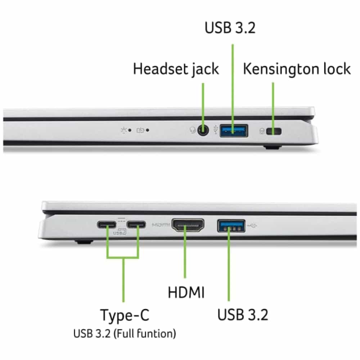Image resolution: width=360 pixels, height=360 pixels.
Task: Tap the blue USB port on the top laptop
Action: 234,131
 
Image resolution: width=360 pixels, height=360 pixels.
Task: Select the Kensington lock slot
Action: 274,131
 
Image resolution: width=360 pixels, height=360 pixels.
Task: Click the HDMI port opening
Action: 188,225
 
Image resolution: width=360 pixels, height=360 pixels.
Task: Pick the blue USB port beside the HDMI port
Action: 231,226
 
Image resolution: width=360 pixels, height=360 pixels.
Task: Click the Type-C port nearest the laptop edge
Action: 107,225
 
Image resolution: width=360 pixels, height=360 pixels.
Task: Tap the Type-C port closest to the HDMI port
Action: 136,225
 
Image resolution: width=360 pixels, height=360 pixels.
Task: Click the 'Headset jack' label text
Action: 176,69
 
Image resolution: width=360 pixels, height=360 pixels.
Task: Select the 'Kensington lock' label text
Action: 297,69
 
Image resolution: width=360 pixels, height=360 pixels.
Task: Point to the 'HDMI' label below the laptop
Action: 186,292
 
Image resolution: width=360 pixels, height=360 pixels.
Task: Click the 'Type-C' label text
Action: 125,315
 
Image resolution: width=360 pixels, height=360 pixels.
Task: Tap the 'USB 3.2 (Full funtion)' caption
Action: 125,334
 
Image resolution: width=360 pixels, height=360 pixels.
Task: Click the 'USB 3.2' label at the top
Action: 230,28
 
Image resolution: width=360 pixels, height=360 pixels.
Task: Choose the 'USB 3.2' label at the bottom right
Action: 243,315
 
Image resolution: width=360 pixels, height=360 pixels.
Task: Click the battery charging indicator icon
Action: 140,130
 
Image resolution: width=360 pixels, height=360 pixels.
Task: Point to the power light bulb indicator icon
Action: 124,130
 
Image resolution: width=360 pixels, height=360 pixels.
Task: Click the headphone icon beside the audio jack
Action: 193,130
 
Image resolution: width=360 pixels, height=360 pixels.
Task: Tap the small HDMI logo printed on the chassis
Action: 161,225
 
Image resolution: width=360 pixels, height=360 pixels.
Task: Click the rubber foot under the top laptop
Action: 273,147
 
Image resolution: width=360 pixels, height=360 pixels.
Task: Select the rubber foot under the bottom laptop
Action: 84,241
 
